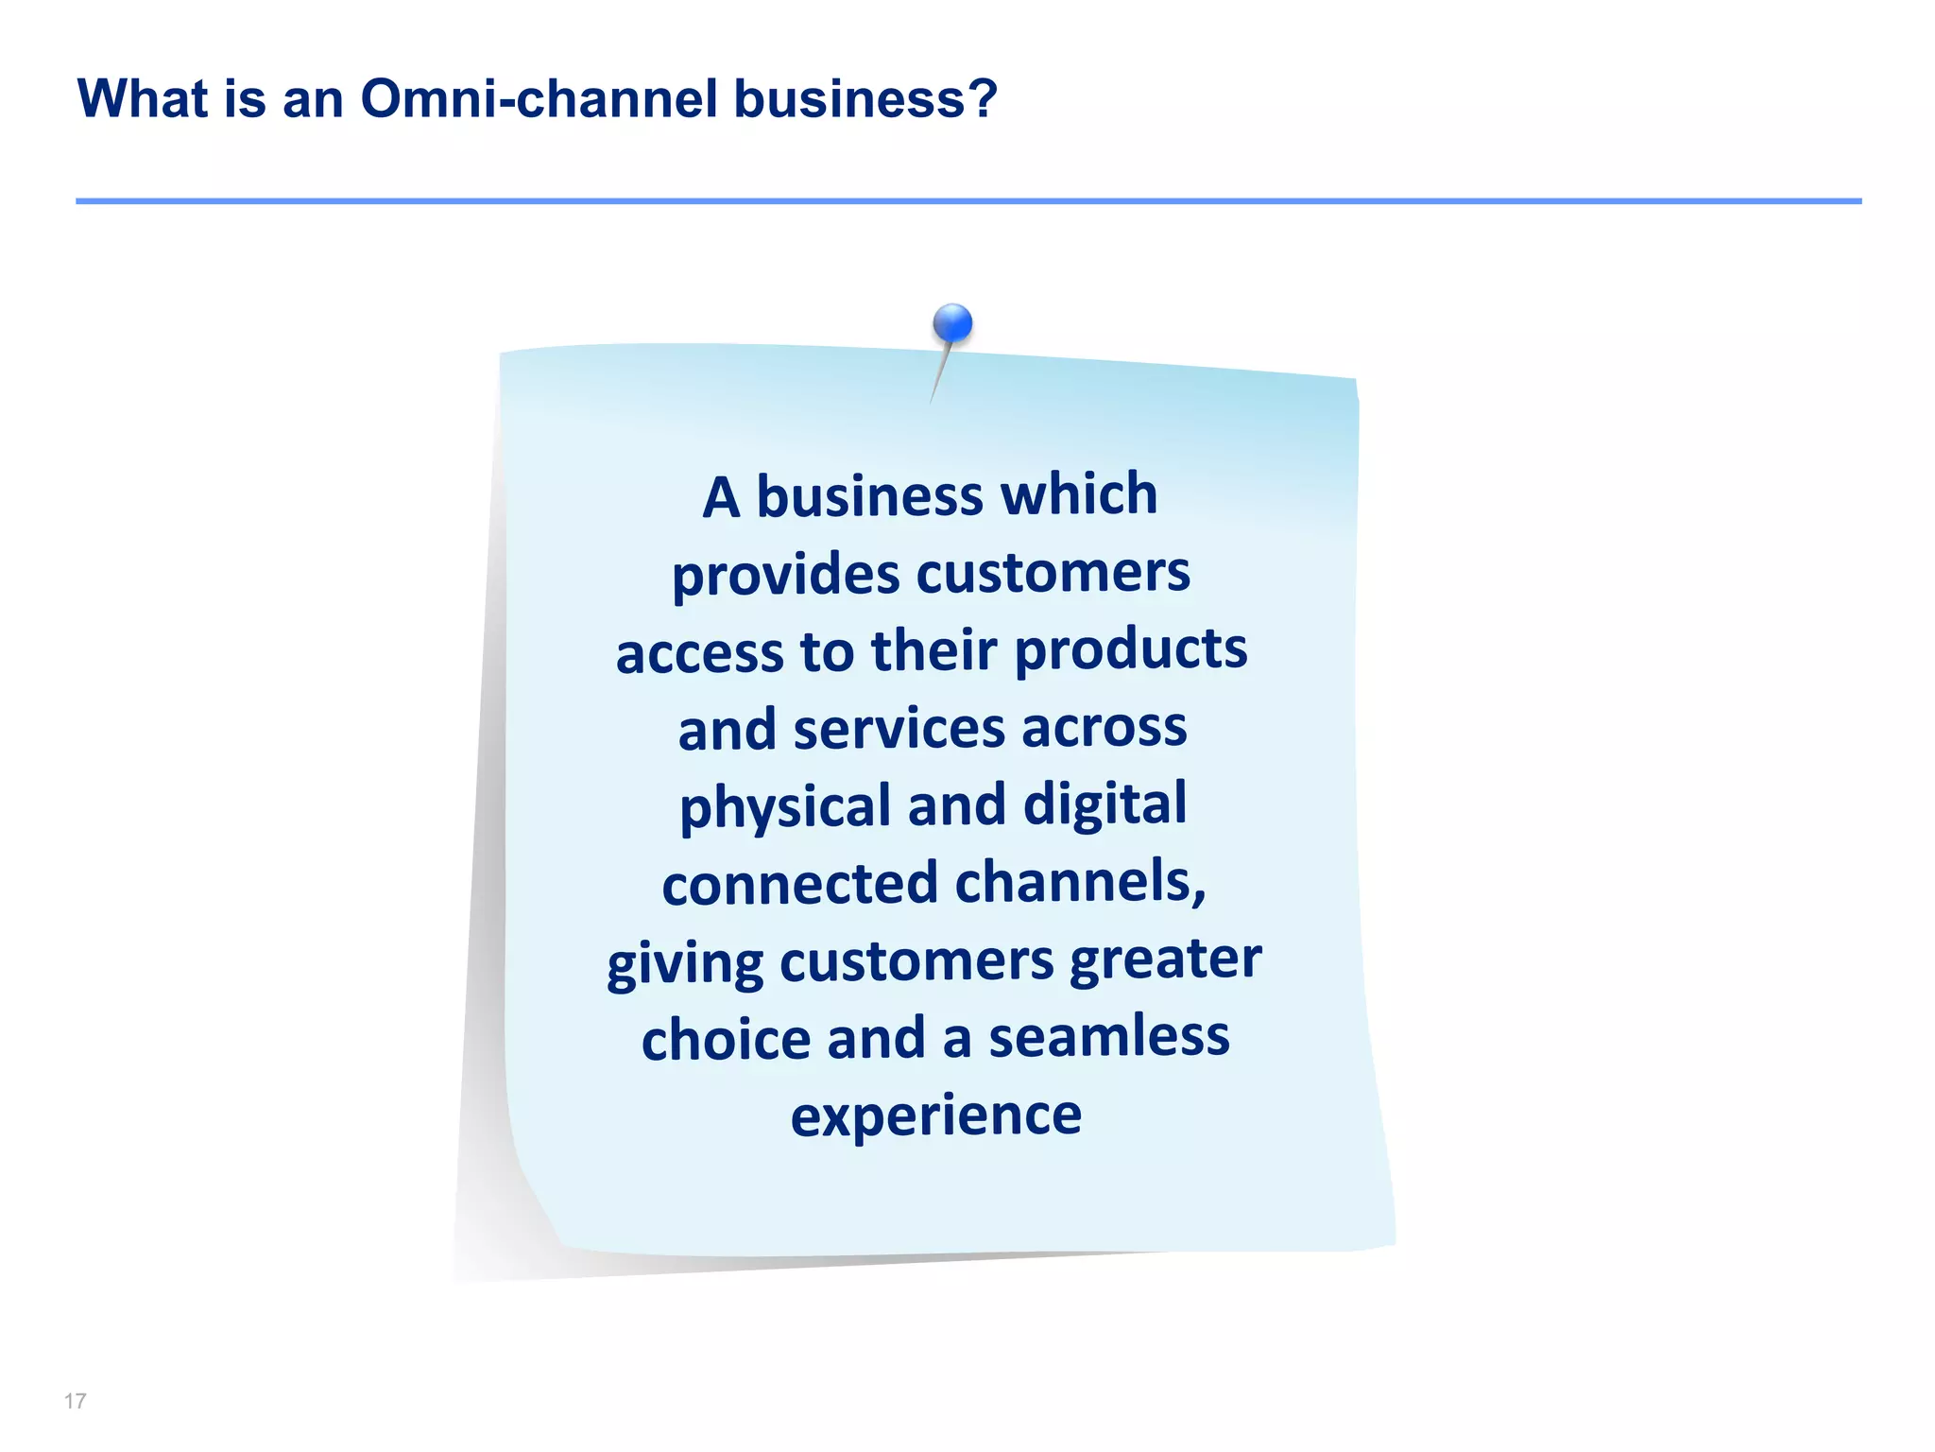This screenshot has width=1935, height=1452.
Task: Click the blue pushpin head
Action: pos(952,323)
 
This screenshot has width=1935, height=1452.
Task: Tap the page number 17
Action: pos(76,1401)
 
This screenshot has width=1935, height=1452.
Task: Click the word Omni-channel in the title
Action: pos(539,98)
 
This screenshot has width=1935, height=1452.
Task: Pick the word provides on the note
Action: pos(785,576)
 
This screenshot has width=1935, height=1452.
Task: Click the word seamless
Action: pos(1109,1037)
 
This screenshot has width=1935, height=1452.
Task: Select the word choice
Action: pos(726,1039)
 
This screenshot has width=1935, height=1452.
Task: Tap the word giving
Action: pos(685,965)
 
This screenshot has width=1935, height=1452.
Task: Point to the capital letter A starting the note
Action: pos(721,497)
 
